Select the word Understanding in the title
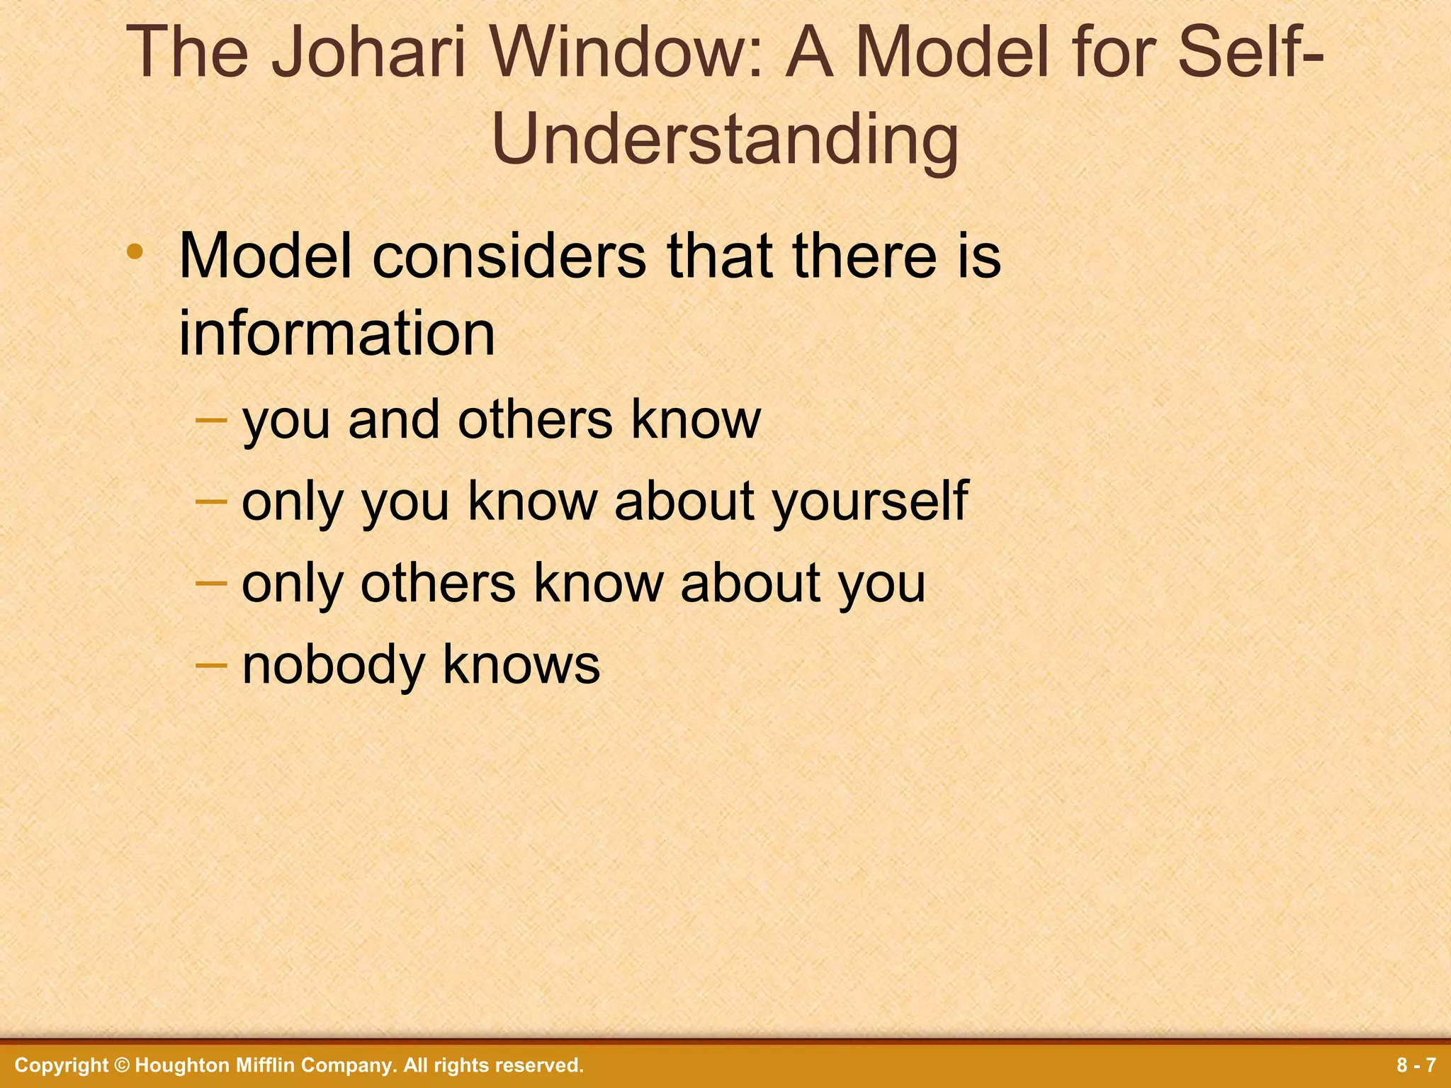click(725, 140)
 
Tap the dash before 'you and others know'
click(211, 419)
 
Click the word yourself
click(870, 501)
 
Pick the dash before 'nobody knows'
click(211, 664)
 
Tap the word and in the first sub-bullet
click(394, 420)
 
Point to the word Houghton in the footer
click(180, 1065)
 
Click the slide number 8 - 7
click(1416, 1065)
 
